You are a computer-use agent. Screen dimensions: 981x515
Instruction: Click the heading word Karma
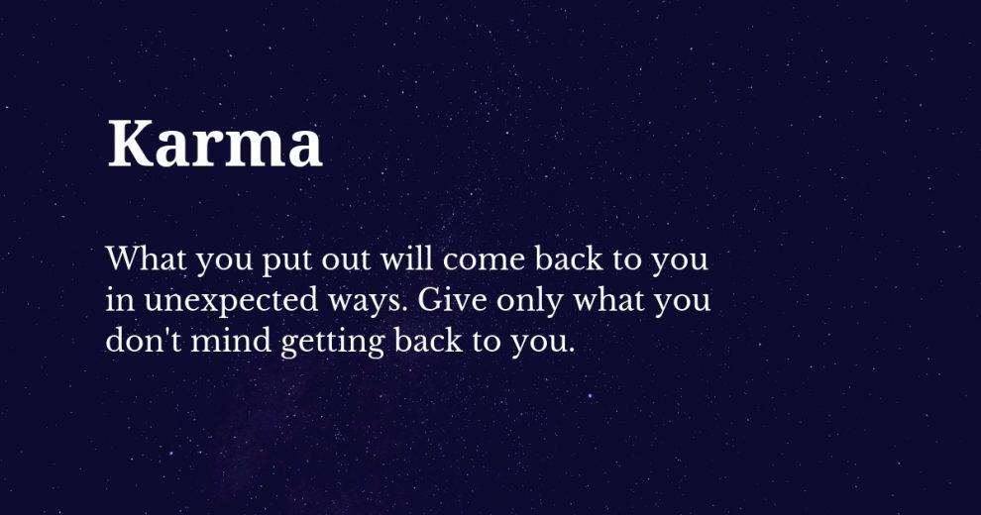[x=215, y=144]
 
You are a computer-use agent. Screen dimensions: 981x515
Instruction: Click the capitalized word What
[x=146, y=258]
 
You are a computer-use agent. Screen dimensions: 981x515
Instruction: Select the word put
[x=285, y=261]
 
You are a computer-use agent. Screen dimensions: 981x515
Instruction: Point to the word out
[x=346, y=259]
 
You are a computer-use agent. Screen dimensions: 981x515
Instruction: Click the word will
[x=406, y=257]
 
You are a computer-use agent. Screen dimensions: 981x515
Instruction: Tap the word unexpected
[x=231, y=301]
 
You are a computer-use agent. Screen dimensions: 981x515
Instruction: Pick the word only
[x=530, y=301]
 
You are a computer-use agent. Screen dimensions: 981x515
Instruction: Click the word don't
[x=144, y=341]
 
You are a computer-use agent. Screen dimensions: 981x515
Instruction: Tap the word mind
[x=231, y=341]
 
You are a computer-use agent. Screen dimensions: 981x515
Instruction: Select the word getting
[x=332, y=343]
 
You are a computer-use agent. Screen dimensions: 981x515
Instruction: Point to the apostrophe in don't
[x=164, y=332]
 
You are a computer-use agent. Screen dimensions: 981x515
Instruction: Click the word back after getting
[x=428, y=341]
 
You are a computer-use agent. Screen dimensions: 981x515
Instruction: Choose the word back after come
[x=569, y=258]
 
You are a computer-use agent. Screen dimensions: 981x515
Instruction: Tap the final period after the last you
[x=570, y=351]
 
